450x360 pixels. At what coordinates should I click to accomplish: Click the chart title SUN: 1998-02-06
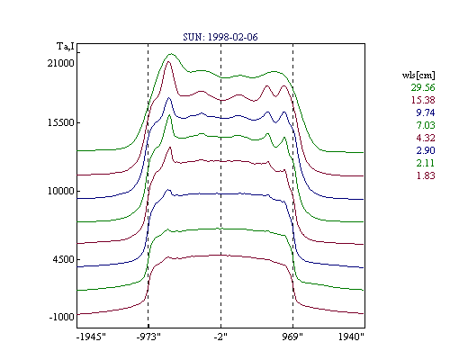tap(220, 37)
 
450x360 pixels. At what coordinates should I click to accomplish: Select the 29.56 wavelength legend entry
tap(423, 87)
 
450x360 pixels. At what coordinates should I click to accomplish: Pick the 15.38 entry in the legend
tap(423, 100)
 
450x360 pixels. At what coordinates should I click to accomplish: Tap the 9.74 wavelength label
tap(426, 112)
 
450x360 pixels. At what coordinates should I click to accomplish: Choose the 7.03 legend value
tap(426, 125)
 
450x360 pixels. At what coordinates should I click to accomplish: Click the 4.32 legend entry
tap(426, 138)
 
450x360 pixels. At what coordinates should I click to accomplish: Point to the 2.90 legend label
tap(426, 150)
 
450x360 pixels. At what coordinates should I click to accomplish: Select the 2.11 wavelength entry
tap(426, 163)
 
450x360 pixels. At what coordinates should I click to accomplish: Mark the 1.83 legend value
tap(426, 175)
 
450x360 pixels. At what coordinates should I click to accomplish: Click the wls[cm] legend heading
tap(418, 75)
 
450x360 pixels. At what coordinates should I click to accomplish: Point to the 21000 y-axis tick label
tap(60, 63)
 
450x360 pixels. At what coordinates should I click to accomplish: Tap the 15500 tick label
tap(60, 122)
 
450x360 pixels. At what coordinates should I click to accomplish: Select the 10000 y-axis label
tap(60, 191)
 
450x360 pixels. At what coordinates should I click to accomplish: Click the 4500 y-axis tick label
tap(63, 259)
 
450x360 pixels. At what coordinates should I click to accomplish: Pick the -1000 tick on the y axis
tap(61, 317)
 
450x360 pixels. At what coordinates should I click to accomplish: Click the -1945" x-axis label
tap(91, 337)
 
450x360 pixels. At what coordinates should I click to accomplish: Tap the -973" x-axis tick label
tap(148, 337)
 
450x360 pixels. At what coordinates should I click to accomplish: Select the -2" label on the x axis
tap(220, 337)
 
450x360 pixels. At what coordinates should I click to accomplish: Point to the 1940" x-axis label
tap(351, 337)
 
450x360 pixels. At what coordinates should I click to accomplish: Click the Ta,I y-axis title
tap(66, 47)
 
